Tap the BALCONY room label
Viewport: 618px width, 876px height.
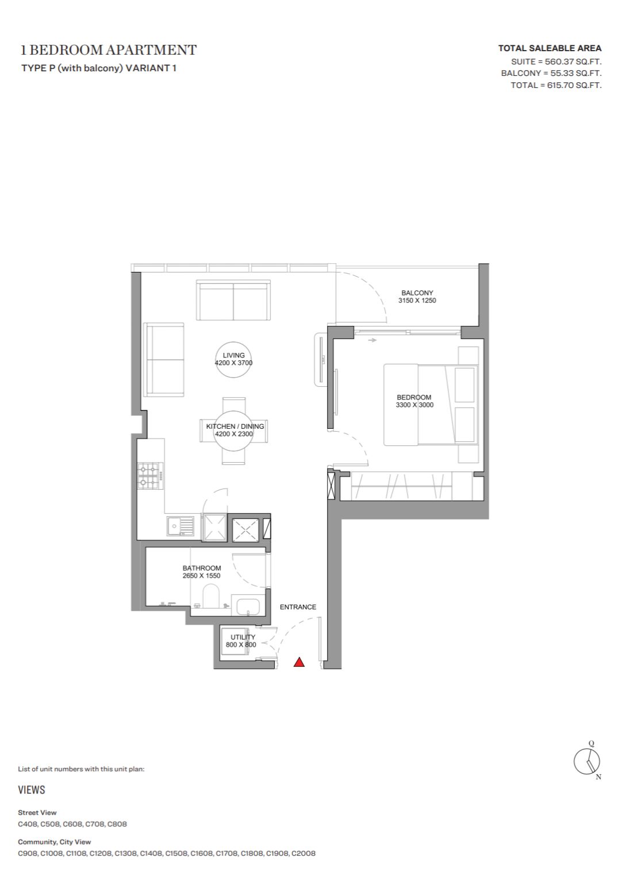click(417, 293)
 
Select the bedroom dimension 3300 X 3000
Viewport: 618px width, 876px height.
click(414, 405)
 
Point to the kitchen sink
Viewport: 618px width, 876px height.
click(180, 526)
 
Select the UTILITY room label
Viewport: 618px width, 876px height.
click(243, 637)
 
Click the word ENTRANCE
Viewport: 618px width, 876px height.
click(298, 607)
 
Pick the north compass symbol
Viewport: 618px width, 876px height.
click(587, 761)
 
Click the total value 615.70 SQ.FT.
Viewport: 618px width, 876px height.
click(574, 85)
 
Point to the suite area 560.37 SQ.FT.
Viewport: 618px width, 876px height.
click(573, 62)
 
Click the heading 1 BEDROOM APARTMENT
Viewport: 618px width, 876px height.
click(108, 50)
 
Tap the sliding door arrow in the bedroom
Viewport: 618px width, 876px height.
click(372, 340)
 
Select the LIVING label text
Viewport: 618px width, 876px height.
click(233, 355)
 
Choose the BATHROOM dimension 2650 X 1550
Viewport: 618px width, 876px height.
click(201, 575)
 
